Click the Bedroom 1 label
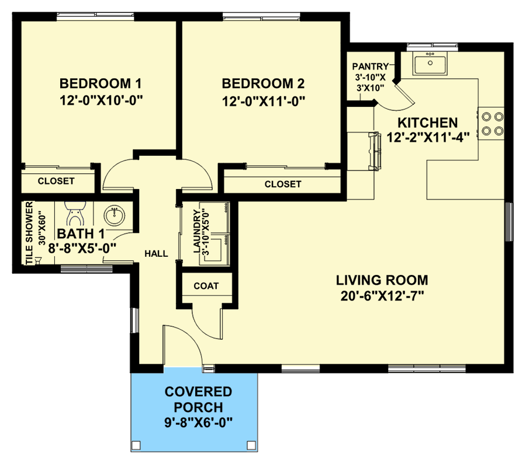(x=101, y=82)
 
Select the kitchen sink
(x=430, y=63)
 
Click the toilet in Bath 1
(x=74, y=212)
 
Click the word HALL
(x=157, y=254)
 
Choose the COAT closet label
(x=206, y=286)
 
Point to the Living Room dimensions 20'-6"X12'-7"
(x=383, y=295)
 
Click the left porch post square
(x=136, y=445)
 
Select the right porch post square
(x=251, y=445)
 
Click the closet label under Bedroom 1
(x=56, y=181)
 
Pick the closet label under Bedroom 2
(x=283, y=184)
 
